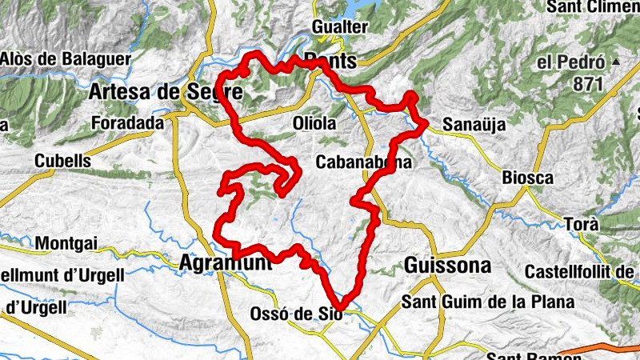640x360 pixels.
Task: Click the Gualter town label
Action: pos(339,27)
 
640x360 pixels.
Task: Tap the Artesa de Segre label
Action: pos(166,92)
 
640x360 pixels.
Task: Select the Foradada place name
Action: pos(127,123)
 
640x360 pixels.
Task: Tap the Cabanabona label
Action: pos(364,162)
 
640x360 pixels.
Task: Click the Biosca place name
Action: pos(528,178)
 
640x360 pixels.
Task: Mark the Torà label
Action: pos(581,224)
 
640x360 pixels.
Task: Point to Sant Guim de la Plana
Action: pos(488,302)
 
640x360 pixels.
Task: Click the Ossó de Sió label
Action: pos(297,314)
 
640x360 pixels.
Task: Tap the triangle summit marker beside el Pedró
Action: pos(615,62)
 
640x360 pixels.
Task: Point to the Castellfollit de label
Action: pos(580,272)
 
